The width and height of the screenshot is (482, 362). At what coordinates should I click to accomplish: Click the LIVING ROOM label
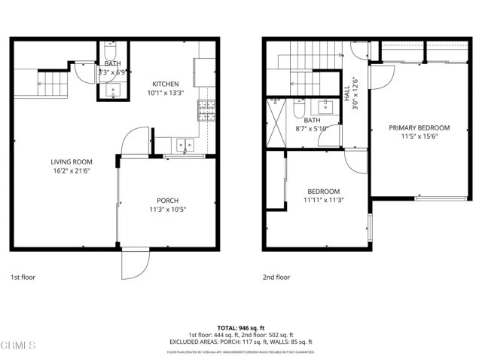[x=72, y=161]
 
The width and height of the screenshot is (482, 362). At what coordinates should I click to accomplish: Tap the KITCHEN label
[x=166, y=84]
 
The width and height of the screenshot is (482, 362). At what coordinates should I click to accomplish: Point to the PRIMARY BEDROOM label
[x=419, y=127]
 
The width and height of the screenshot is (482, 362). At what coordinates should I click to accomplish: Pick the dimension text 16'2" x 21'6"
[x=72, y=171]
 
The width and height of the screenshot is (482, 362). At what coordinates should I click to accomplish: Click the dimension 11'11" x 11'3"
[x=322, y=201]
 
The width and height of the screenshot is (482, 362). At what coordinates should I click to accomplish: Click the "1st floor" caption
[x=24, y=277]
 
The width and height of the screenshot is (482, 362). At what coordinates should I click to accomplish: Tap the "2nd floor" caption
[x=276, y=277]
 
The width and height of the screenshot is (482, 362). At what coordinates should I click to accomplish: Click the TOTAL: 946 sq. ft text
[x=241, y=327]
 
